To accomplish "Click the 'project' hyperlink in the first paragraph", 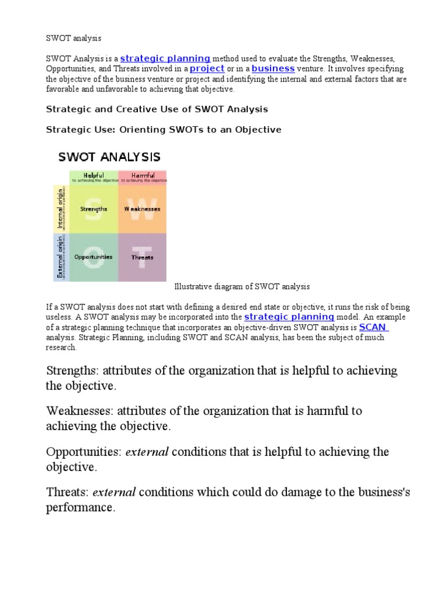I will (x=207, y=69).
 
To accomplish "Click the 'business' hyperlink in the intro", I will (x=273, y=69).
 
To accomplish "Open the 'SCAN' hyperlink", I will (x=373, y=327).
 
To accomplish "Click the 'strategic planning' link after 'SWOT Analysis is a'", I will (x=165, y=58).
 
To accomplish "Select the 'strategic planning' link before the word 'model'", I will (x=289, y=317).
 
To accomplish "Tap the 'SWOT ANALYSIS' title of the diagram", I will (x=109, y=157).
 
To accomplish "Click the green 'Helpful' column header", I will (x=94, y=175).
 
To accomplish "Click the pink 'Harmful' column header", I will (x=143, y=175).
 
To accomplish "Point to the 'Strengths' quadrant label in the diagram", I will (x=94, y=209).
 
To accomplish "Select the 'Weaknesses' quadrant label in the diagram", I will (x=143, y=209).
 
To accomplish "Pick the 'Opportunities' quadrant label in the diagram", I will (x=94, y=257).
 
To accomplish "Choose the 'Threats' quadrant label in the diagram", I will (x=143, y=257).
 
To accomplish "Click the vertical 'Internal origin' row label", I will (x=59, y=208).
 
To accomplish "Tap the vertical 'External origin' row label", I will (x=59, y=257).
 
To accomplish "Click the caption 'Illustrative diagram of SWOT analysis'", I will (x=242, y=286).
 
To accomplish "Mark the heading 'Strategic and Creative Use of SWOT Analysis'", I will (x=157, y=109).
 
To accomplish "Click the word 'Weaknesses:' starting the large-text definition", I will (x=80, y=411).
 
